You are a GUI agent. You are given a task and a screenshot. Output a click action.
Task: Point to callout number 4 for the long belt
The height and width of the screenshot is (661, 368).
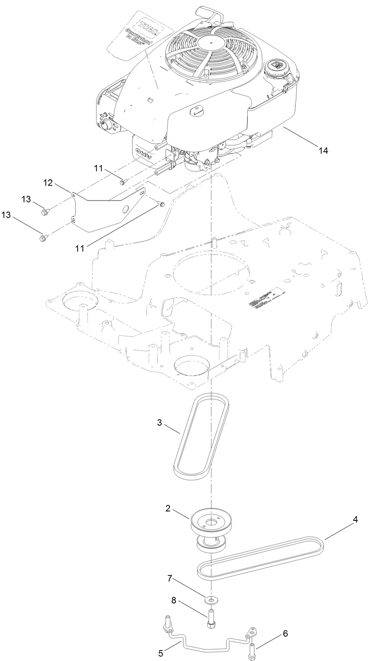[x=355, y=520]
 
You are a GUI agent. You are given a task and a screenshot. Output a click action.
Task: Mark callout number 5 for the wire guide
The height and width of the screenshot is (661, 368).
[x=161, y=653]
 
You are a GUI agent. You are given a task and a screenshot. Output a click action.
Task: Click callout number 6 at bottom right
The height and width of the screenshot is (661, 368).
[x=285, y=633]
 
